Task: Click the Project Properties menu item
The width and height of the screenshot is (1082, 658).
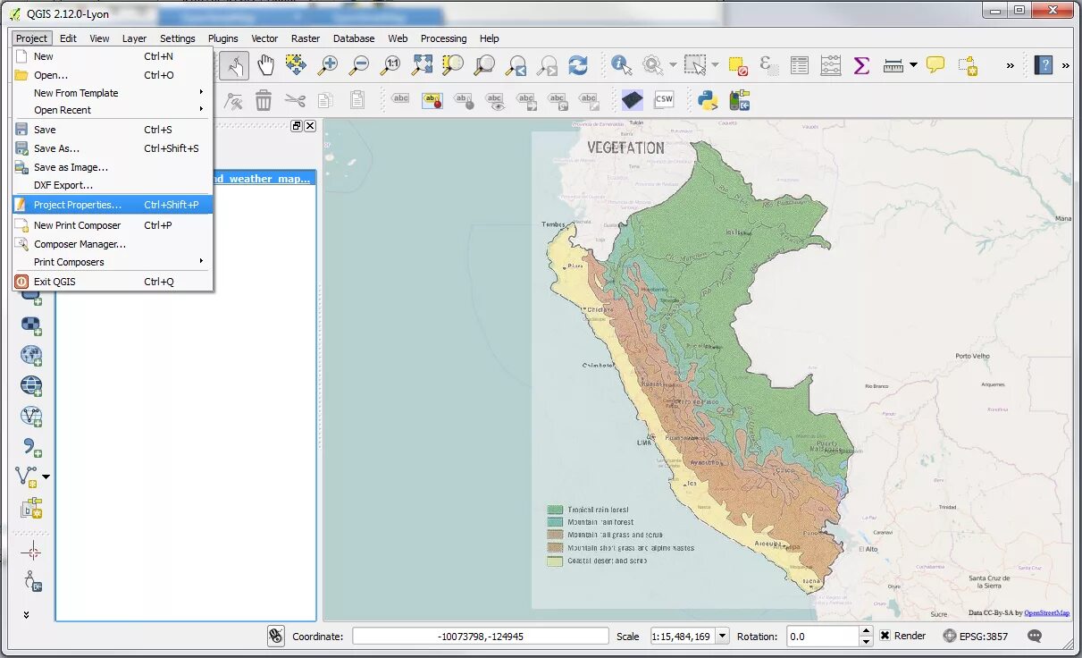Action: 78,205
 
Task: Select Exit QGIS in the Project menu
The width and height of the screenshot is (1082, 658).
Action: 55,282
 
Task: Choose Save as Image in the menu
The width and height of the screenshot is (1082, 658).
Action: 71,167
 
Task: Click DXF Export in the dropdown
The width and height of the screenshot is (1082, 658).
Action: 63,185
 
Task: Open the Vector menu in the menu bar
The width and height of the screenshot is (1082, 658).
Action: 264,38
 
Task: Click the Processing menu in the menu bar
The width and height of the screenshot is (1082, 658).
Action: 443,38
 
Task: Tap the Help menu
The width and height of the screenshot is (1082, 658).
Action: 489,38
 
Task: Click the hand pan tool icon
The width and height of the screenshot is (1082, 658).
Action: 265,64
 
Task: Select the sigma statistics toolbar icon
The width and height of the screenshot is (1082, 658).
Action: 861,64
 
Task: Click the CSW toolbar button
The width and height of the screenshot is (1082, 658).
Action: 664,100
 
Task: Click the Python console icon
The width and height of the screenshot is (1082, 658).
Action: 709,100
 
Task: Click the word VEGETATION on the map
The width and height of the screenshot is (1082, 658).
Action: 625,148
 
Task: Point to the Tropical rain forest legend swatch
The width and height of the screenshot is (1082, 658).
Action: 555,510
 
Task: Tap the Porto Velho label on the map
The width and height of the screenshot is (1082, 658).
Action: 972,356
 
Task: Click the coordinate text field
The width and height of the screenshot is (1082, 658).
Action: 480,637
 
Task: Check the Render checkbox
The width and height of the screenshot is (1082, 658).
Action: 885,636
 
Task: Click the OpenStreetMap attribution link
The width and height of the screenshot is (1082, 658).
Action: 1046,613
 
